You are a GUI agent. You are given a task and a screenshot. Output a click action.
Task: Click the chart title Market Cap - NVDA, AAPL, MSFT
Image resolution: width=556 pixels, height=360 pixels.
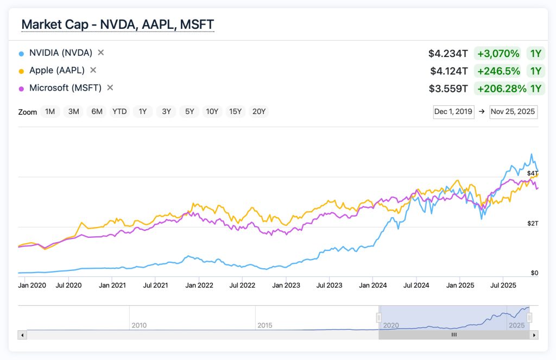[x=117, y=24]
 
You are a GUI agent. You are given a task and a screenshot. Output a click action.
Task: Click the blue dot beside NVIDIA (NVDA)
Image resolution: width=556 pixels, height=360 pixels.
[x=21, y=53]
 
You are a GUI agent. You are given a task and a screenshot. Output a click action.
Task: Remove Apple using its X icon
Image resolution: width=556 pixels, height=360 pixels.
[x=93, y=70]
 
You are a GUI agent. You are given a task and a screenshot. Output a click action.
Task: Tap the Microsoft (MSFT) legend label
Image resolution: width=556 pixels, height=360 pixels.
[x=65, y=87]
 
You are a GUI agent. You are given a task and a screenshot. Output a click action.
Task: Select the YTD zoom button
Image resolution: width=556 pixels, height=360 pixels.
[x=119, y=112]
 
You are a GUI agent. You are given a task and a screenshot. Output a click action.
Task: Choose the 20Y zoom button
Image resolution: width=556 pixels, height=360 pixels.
[x=260, y=112]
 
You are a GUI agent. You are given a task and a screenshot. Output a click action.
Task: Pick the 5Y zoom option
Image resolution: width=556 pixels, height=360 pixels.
[x=189, y=112]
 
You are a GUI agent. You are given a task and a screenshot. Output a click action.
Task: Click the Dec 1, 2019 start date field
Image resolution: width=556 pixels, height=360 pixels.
[x=453, y=112]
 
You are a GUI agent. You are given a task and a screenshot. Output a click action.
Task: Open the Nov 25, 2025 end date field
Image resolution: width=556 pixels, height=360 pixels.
[x=513, y=112]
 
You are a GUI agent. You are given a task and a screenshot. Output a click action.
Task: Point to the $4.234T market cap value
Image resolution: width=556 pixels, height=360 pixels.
[x=448, y=54]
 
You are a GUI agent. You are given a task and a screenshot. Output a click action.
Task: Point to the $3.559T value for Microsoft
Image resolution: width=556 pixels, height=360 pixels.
[x=448, y=89]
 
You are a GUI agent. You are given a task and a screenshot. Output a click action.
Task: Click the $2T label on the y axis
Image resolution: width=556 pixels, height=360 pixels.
[x=532, y=224]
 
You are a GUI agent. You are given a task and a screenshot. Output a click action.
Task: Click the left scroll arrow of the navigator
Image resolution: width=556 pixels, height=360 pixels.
[x=22, y=335]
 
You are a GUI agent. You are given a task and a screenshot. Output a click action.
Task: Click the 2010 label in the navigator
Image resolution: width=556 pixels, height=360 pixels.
[x=139, y=325]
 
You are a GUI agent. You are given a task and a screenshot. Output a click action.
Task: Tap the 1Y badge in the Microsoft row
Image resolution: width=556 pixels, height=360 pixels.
[x=536, y=89]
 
